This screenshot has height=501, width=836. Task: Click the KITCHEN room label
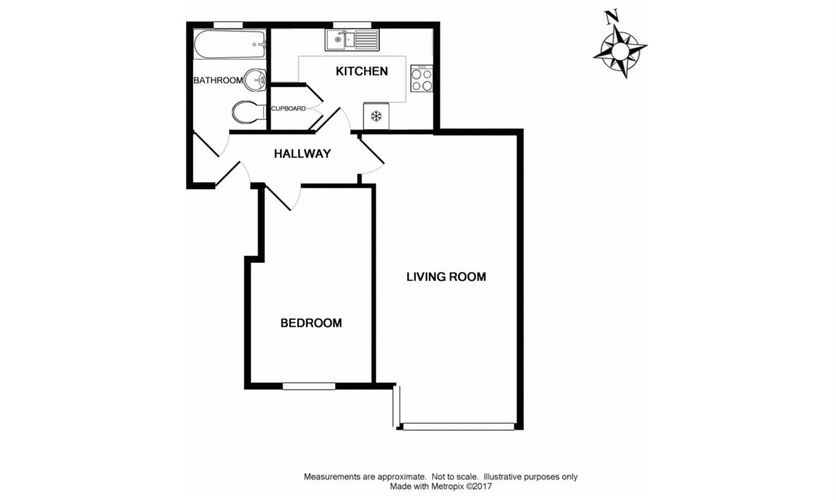[361, 71]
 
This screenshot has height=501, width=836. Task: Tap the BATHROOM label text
[218, 80]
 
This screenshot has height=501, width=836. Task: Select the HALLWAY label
[302, 154]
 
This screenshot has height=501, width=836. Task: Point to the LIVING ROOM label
[446, 277]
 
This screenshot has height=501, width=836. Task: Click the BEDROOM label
[311, 323]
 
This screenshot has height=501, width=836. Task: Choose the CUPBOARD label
[289, 109]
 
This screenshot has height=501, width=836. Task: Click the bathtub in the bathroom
[230, 44]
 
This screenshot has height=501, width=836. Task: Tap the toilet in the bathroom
[248, 111]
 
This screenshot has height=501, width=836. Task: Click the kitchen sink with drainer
[352, 41]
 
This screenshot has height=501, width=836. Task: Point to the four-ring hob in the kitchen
[422, 78]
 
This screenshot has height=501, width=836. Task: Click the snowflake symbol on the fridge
[376, 116]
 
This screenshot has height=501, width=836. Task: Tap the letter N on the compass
[611, 17]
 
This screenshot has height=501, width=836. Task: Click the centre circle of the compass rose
[621, 50]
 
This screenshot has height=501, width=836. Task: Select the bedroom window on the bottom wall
[309, 387]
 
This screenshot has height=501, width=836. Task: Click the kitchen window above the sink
[352, 24]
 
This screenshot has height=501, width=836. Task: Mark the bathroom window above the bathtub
[228, 24]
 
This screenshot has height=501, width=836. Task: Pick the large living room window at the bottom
[459, 426]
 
